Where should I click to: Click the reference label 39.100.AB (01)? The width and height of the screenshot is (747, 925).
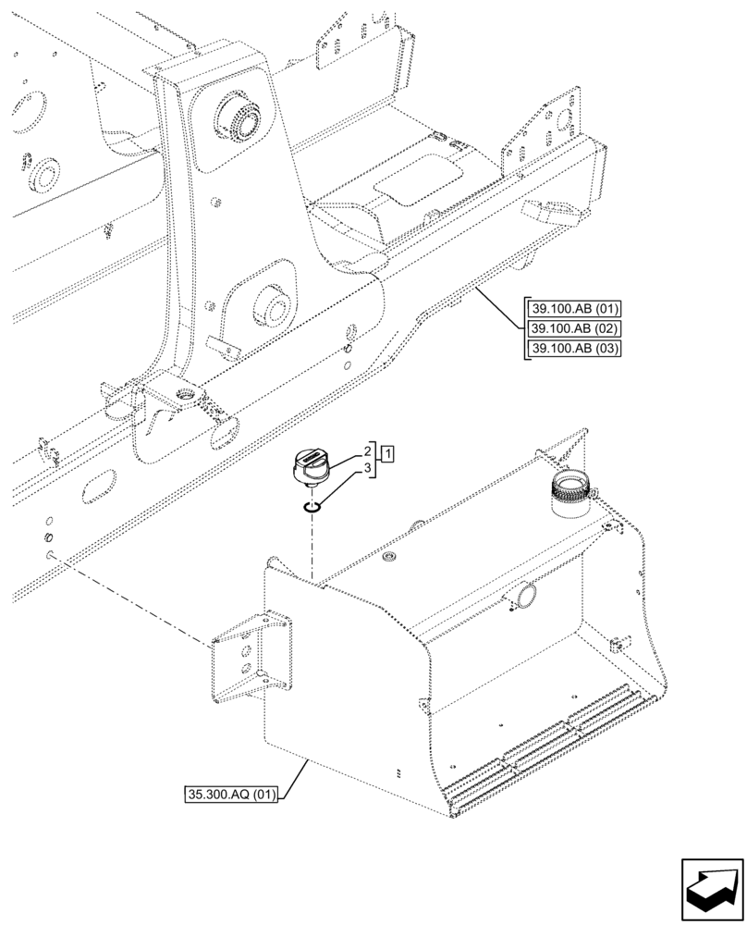click(573, 309)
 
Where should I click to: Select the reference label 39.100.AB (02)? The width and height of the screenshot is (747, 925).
click(573, 328)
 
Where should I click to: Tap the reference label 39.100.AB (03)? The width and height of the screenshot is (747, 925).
click(573, 348)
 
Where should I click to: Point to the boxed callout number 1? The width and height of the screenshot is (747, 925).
click(389, 453)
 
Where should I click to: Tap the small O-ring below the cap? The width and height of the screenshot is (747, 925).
click(313, 505)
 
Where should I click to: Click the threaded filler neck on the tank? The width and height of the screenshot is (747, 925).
click(571, 489)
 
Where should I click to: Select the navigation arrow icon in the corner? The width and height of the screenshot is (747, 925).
click(712, 889)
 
